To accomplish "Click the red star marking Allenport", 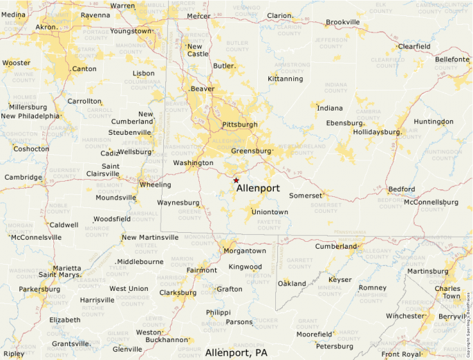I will tap(236, 180).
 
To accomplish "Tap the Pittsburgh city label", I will tap(239, 124).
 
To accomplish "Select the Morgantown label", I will tap(245, 251).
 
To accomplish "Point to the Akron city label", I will tap(47, 27).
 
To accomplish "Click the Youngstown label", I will tap(130, 31).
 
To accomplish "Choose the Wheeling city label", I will tap(155, 185).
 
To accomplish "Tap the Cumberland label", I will tap(335, 246).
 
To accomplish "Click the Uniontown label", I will tap(270, 211).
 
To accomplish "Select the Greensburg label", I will tap(251, 151).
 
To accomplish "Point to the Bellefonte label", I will tap(452, 59).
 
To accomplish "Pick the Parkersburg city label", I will tap(39, 289).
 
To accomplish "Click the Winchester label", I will tap(405, 316).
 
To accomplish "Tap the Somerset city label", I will tap(306, 196).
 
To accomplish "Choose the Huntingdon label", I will tap(434, 122).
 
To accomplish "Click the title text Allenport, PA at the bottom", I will tap(236, 352).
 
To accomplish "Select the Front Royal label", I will tap(400, 354).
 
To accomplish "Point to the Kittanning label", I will tap(286, 79).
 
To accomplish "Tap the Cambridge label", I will tap(24, 177).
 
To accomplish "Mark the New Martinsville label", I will tap(150, 238).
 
